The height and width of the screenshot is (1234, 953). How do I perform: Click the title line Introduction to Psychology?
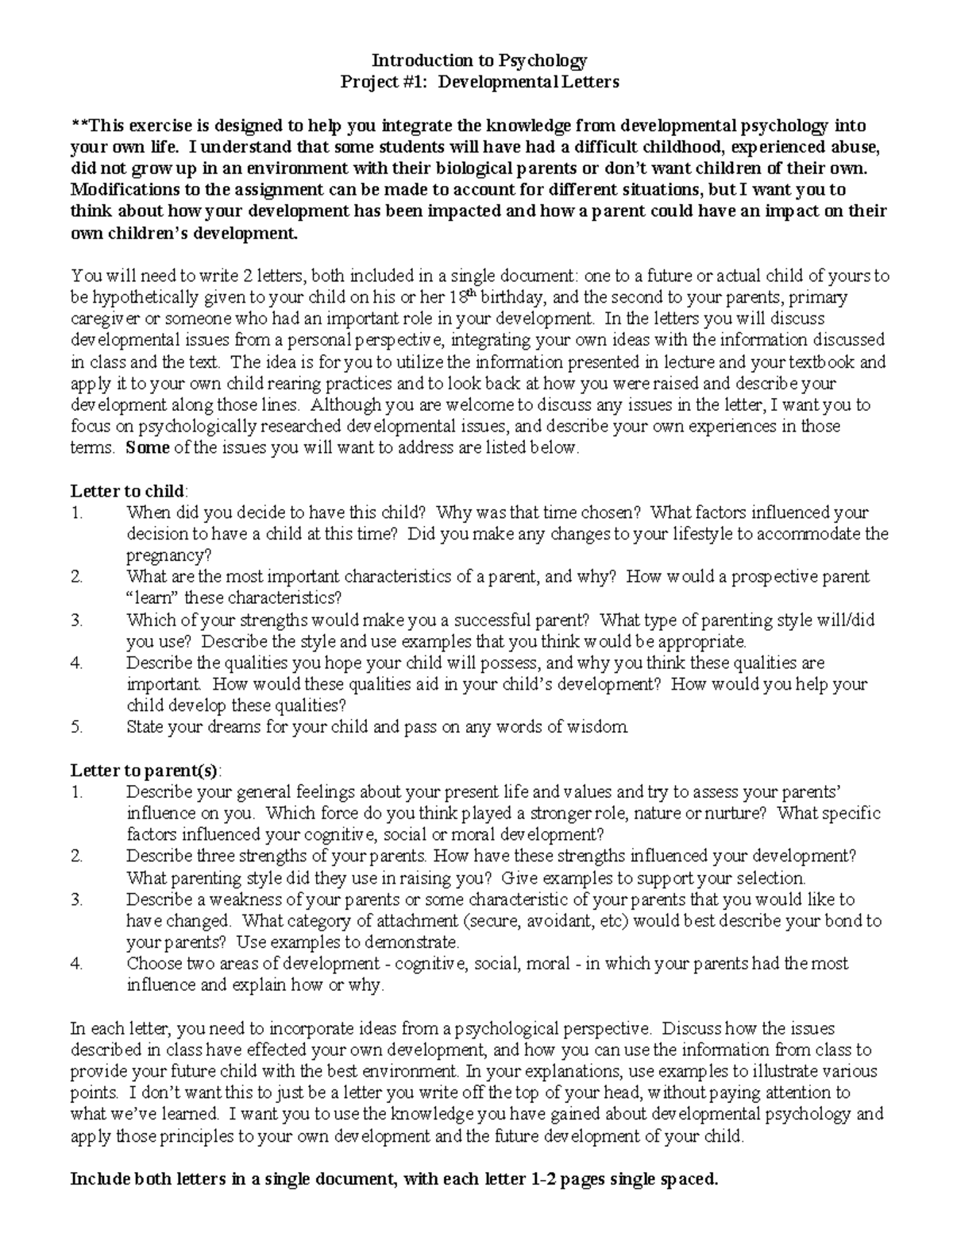pyautogui.click(x=479, y=60)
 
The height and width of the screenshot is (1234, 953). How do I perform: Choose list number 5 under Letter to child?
pyautogui.click(x=76, y=726)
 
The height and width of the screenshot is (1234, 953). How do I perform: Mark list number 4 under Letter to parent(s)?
pyautogui.click(x=76, y=964)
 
